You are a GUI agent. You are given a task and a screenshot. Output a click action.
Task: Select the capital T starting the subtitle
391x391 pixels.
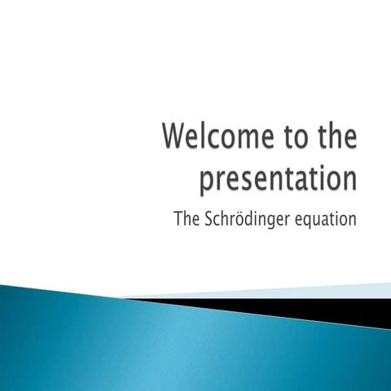[x=179, y=218]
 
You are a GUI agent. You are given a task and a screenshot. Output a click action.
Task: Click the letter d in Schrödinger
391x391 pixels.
[x=252, y=218]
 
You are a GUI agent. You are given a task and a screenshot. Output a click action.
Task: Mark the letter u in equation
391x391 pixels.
[x=322, y=219]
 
